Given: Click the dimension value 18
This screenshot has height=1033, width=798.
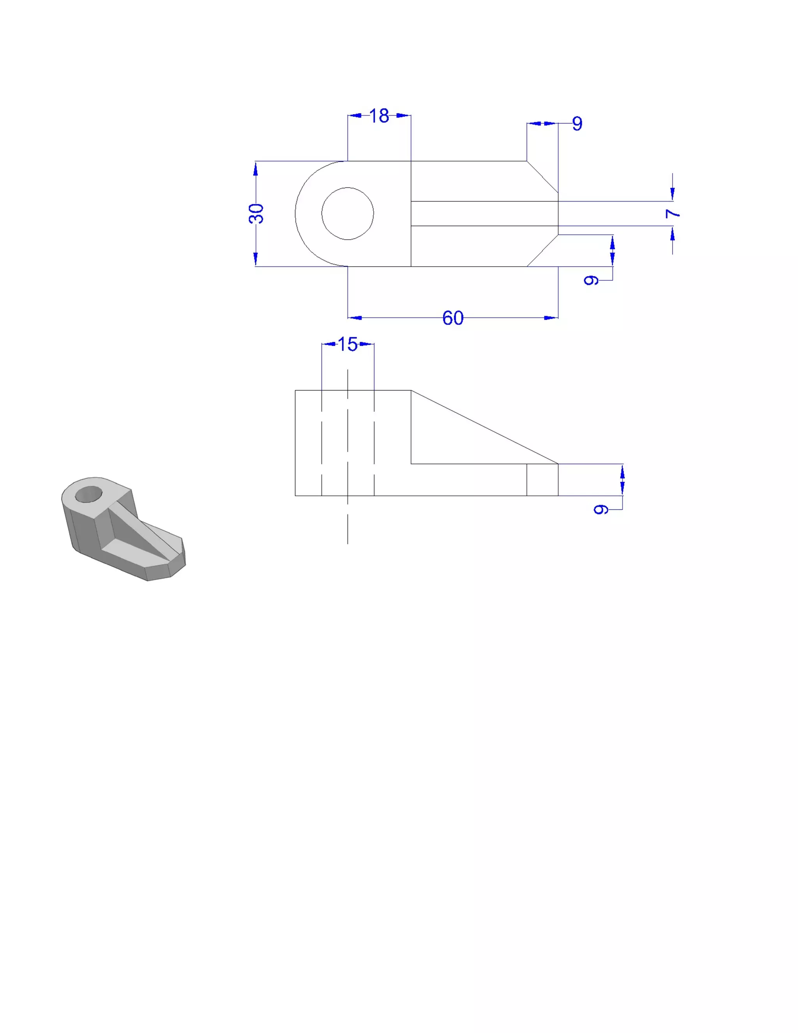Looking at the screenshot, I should (x=379, y=116).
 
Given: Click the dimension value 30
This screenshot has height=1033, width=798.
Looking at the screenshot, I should (x=256, y=213).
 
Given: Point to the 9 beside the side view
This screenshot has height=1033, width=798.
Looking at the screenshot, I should (x=600, y=509).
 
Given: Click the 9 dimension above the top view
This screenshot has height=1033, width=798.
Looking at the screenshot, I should (x=577, y=124).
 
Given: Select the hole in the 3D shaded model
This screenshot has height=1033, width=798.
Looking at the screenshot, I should (x=88, y=494).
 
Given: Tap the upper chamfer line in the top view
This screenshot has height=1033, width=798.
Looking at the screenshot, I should (x=543, y=177).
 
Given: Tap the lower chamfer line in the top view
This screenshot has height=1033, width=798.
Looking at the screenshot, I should (x=543, y=251).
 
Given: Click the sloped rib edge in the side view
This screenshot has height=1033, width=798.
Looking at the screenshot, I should (x=485, y=427).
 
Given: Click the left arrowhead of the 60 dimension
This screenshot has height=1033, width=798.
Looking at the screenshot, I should (x=355, y=318).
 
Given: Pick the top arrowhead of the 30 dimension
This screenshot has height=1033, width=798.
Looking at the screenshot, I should (x=256, y=168).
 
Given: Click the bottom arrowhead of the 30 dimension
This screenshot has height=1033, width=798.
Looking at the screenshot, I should (x=256, y=259).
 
